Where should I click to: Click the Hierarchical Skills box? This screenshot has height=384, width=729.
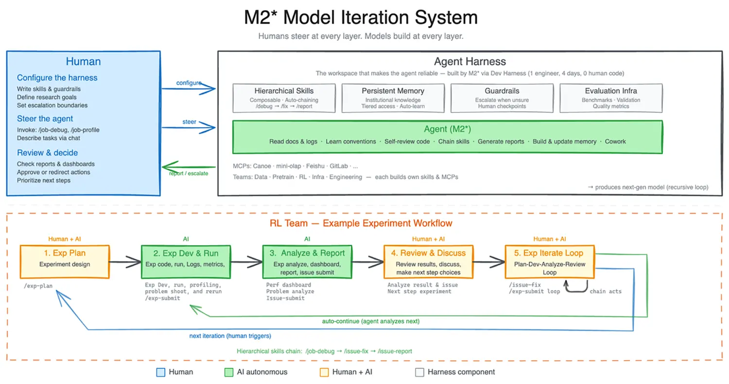coord(284,98)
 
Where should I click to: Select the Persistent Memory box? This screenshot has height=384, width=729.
coord(393,98)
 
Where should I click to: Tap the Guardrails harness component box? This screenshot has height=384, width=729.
coord(502,98)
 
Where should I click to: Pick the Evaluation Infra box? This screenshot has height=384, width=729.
coord(611,98)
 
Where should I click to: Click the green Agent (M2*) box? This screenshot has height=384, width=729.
coord(448,136)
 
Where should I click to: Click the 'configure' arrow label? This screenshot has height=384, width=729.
coord(189,83)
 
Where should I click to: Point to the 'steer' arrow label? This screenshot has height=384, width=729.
coord(190,122)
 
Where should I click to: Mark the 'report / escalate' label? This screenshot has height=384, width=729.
coord(189,174)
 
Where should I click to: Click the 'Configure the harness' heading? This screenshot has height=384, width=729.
coord(57,78)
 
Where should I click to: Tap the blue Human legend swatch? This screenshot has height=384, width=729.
coord(161,372)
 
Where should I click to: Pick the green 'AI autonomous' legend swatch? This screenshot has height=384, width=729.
coord(228,372)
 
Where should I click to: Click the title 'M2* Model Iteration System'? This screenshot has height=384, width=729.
coord(361,18)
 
